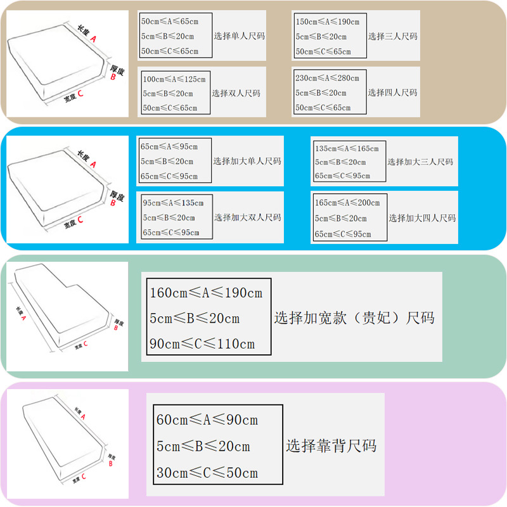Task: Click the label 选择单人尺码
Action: (x=238, y=37)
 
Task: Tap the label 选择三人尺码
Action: (x=393, y=37)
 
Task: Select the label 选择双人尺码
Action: (x=236, y=93)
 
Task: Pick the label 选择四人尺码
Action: (x=393, y=93)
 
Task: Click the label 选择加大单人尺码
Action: (x=247, y=162)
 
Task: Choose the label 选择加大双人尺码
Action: (x=247, y=218)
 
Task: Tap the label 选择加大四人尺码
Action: (x=422, y=218)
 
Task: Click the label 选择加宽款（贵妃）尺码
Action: (x=354, y=318)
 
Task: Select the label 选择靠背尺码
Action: (x=331, y=446)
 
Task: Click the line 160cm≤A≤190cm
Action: (x=206, y=293)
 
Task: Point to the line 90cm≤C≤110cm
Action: (x=202, y=344)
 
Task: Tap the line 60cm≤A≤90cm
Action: (x=207, y=420)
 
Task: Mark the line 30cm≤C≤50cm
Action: (x=207, y=473)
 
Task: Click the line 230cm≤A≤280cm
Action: (x=327, y=79)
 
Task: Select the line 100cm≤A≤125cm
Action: (x=174, y=80)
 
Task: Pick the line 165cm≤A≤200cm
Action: (x=347, y=203)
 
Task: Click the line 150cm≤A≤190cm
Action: (x=328, y=22)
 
